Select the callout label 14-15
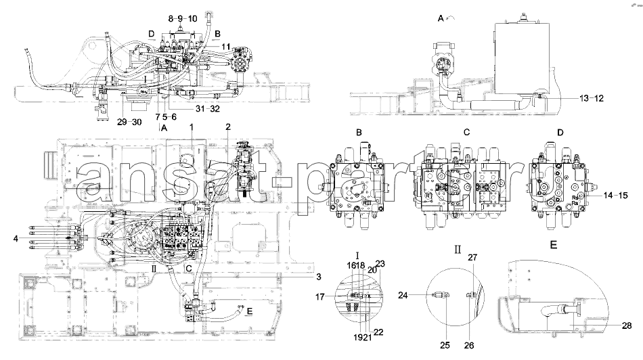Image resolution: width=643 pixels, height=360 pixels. (x=615, y=195)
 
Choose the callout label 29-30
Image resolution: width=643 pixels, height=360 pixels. (x=129, y=122)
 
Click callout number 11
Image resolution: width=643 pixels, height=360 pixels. (x=225, y=47)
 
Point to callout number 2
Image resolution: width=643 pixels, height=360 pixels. (x=228, y=127)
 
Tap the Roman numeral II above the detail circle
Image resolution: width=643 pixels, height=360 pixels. (x=458, y=248)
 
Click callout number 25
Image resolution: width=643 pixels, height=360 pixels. (x=445, y=345)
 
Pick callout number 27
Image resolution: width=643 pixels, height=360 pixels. (x=473, y=258)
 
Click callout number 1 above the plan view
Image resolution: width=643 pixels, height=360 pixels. (x=192, y=127)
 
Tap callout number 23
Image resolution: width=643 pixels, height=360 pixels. (x=380, y=264)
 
